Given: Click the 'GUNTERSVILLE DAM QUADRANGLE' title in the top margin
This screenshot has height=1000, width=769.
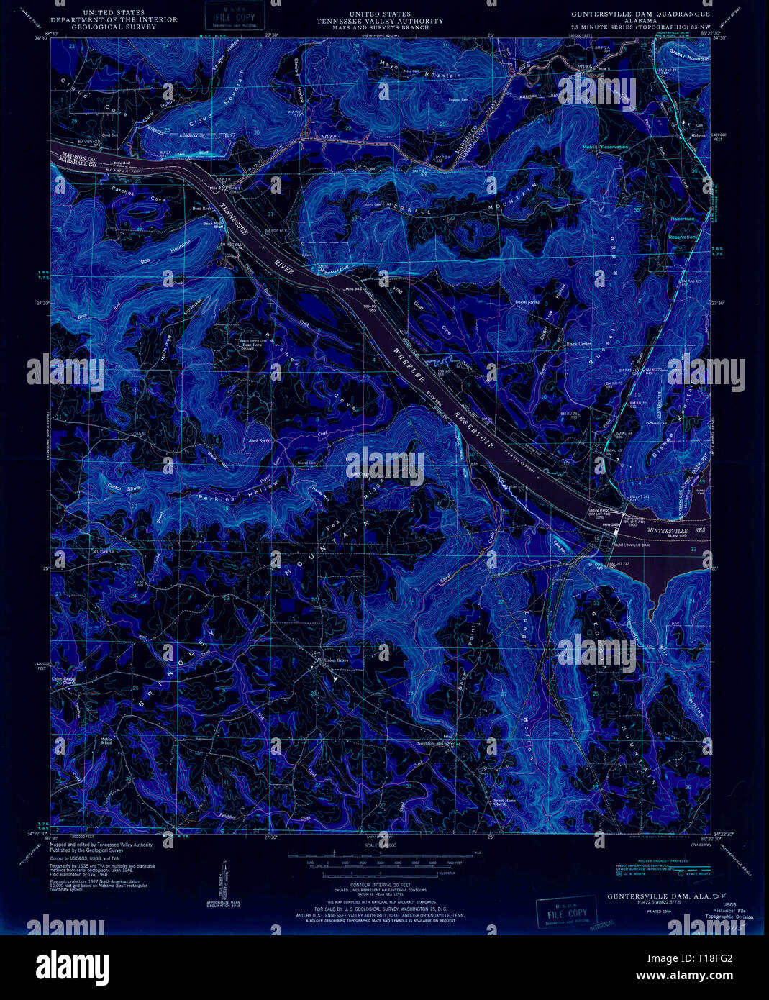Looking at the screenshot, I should pos(640,14).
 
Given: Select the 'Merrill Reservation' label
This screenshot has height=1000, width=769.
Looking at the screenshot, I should pos(606,147).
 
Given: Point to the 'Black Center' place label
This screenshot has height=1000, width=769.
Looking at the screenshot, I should pos(579,344).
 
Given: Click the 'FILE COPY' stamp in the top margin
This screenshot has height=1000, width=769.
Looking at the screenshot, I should pos(224,14).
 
